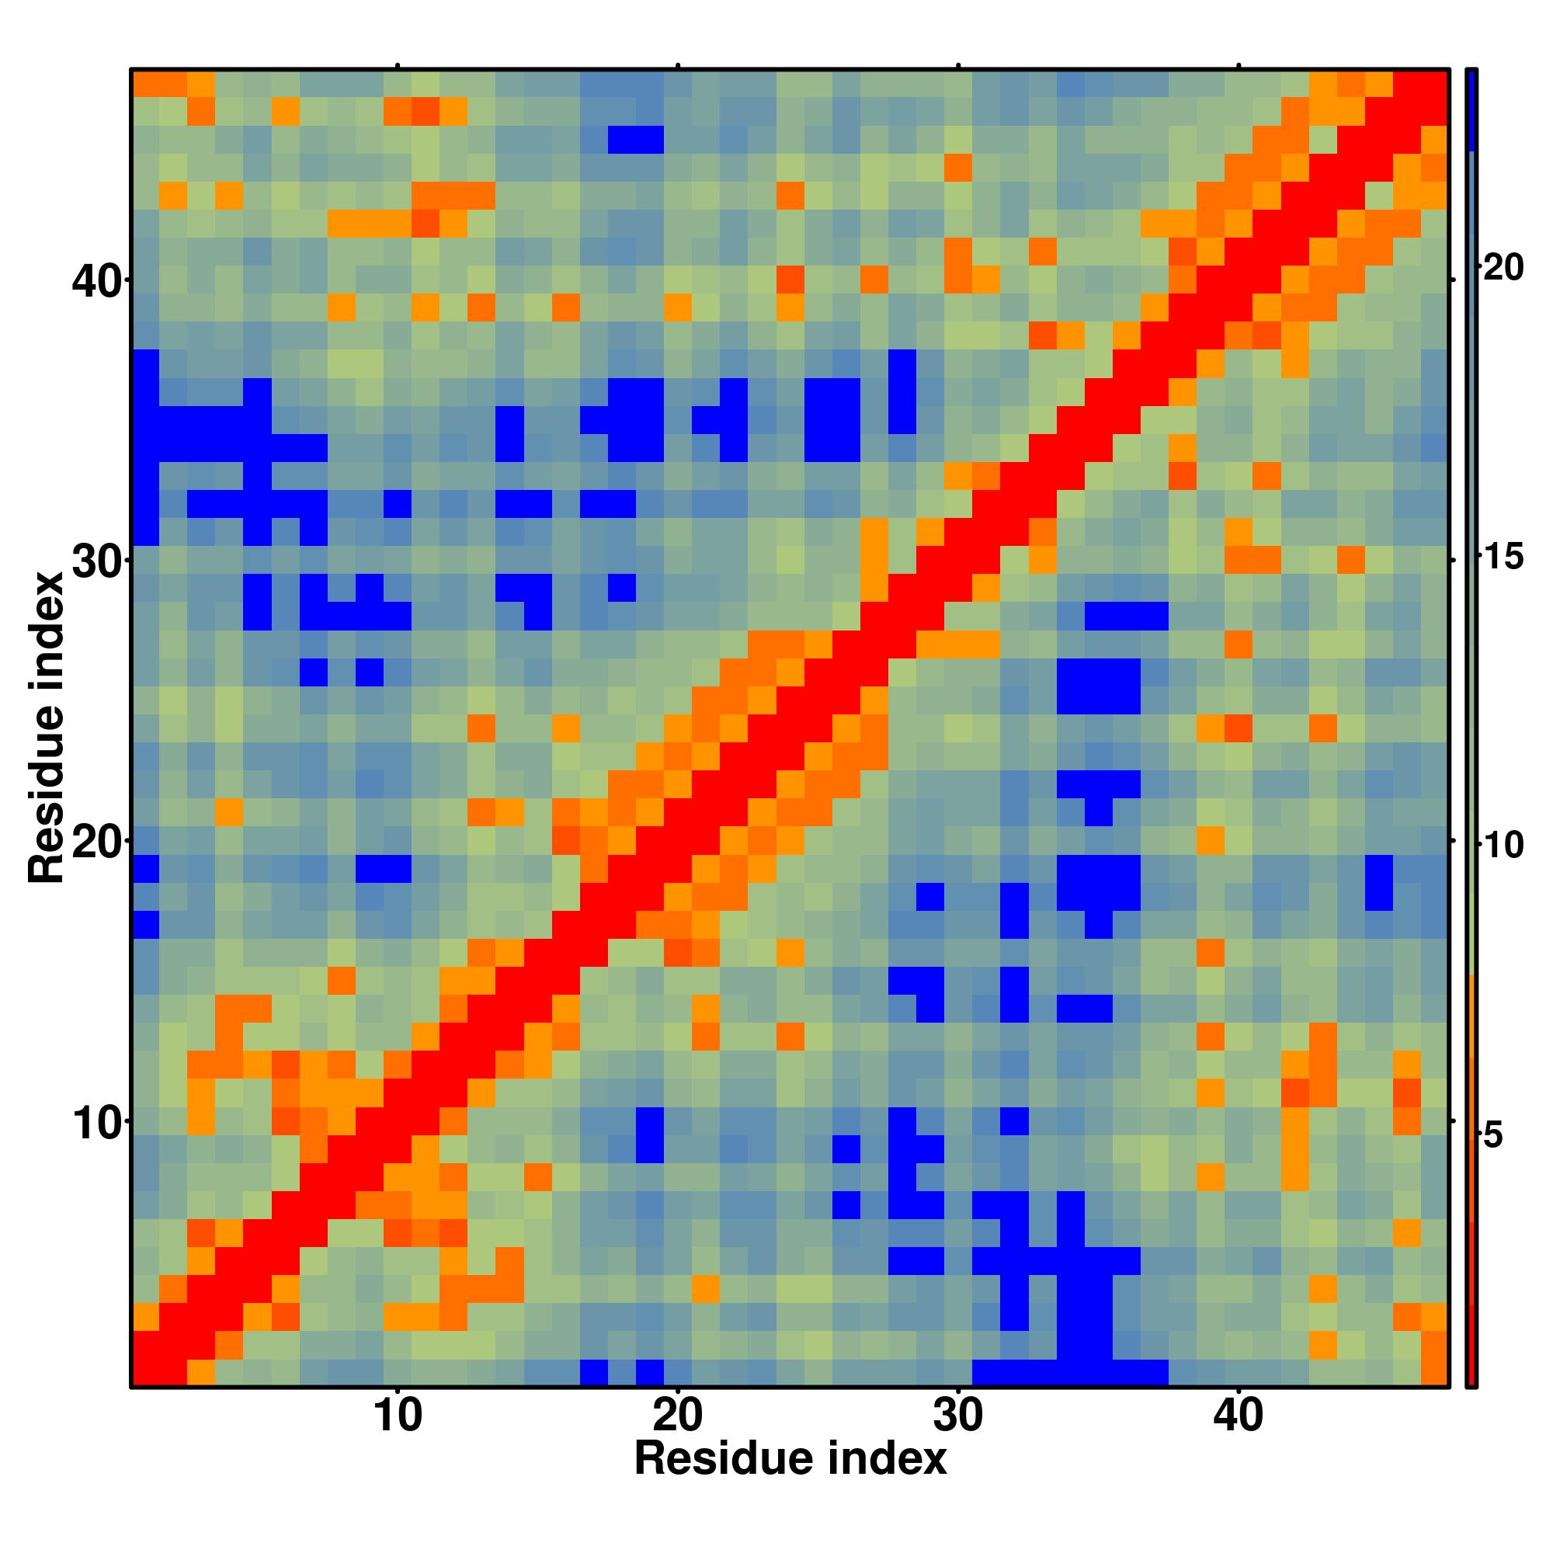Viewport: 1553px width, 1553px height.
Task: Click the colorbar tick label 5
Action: [1492, 1135]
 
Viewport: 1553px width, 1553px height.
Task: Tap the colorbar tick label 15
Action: [1503, 556]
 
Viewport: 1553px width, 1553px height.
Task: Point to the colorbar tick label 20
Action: [1503, 267]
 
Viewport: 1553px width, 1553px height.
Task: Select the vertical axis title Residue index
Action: [46, 728]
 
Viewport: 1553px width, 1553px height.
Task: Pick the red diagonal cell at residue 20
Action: [678, 841]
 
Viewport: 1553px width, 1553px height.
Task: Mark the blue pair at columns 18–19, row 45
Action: [636, 139]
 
